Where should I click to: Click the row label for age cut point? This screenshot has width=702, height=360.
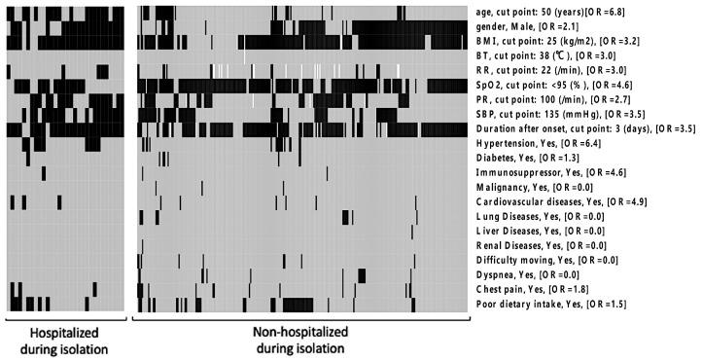point(551,12)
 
